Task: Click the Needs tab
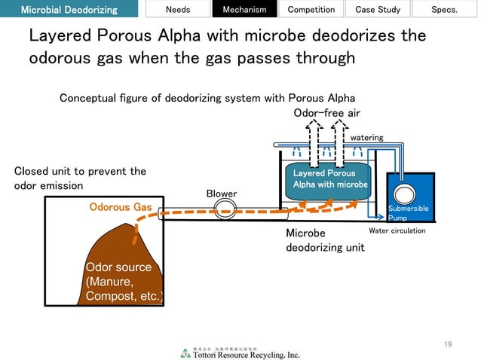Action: pos(178,9)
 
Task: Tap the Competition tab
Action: pos(311,9)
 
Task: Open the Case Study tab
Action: pos(376,9)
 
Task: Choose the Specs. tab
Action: pos(444,9)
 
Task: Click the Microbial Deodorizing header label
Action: pos(69,9)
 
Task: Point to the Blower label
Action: pos(222,194)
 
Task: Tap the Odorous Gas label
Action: pos(121,206)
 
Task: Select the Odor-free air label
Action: pos(326,113)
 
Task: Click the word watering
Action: pos(367,138)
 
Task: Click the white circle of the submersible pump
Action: pos(405,191)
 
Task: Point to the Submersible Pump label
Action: pos(408,213)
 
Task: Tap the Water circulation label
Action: pos(397,230)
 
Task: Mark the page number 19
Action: pos(448,344)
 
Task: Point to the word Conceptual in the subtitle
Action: pos(87,98)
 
